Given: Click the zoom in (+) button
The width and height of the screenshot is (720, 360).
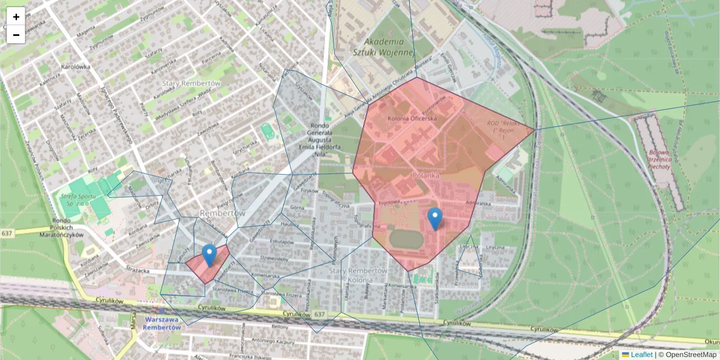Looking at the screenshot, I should (x=16, y=17).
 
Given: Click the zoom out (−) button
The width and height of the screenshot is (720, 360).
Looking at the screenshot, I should (x=16, y=35).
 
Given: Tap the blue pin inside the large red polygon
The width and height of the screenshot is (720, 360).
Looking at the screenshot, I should (x=436, y=218).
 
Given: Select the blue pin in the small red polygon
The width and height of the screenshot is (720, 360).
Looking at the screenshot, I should (x=209, y=254).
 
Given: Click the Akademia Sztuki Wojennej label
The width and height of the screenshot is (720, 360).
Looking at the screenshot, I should (x=389, y=47).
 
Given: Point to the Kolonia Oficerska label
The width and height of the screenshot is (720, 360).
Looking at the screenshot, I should (x=412, y=119).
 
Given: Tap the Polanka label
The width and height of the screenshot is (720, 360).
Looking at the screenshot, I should (x=426, y=176).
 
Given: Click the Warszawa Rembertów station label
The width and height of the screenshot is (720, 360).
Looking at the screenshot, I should (x=163, y=323).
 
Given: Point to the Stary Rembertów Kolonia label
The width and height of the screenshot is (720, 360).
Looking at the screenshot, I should (x=358, y=275).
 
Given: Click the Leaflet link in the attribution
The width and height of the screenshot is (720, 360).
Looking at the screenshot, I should (x=641, y=355).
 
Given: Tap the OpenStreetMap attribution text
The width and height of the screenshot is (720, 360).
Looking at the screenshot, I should (x=691, y=355).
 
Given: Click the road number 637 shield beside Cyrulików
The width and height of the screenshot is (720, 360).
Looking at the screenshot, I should (x=319, y=314).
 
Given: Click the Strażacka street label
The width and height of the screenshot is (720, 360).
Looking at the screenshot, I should (x=138, y=271).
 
